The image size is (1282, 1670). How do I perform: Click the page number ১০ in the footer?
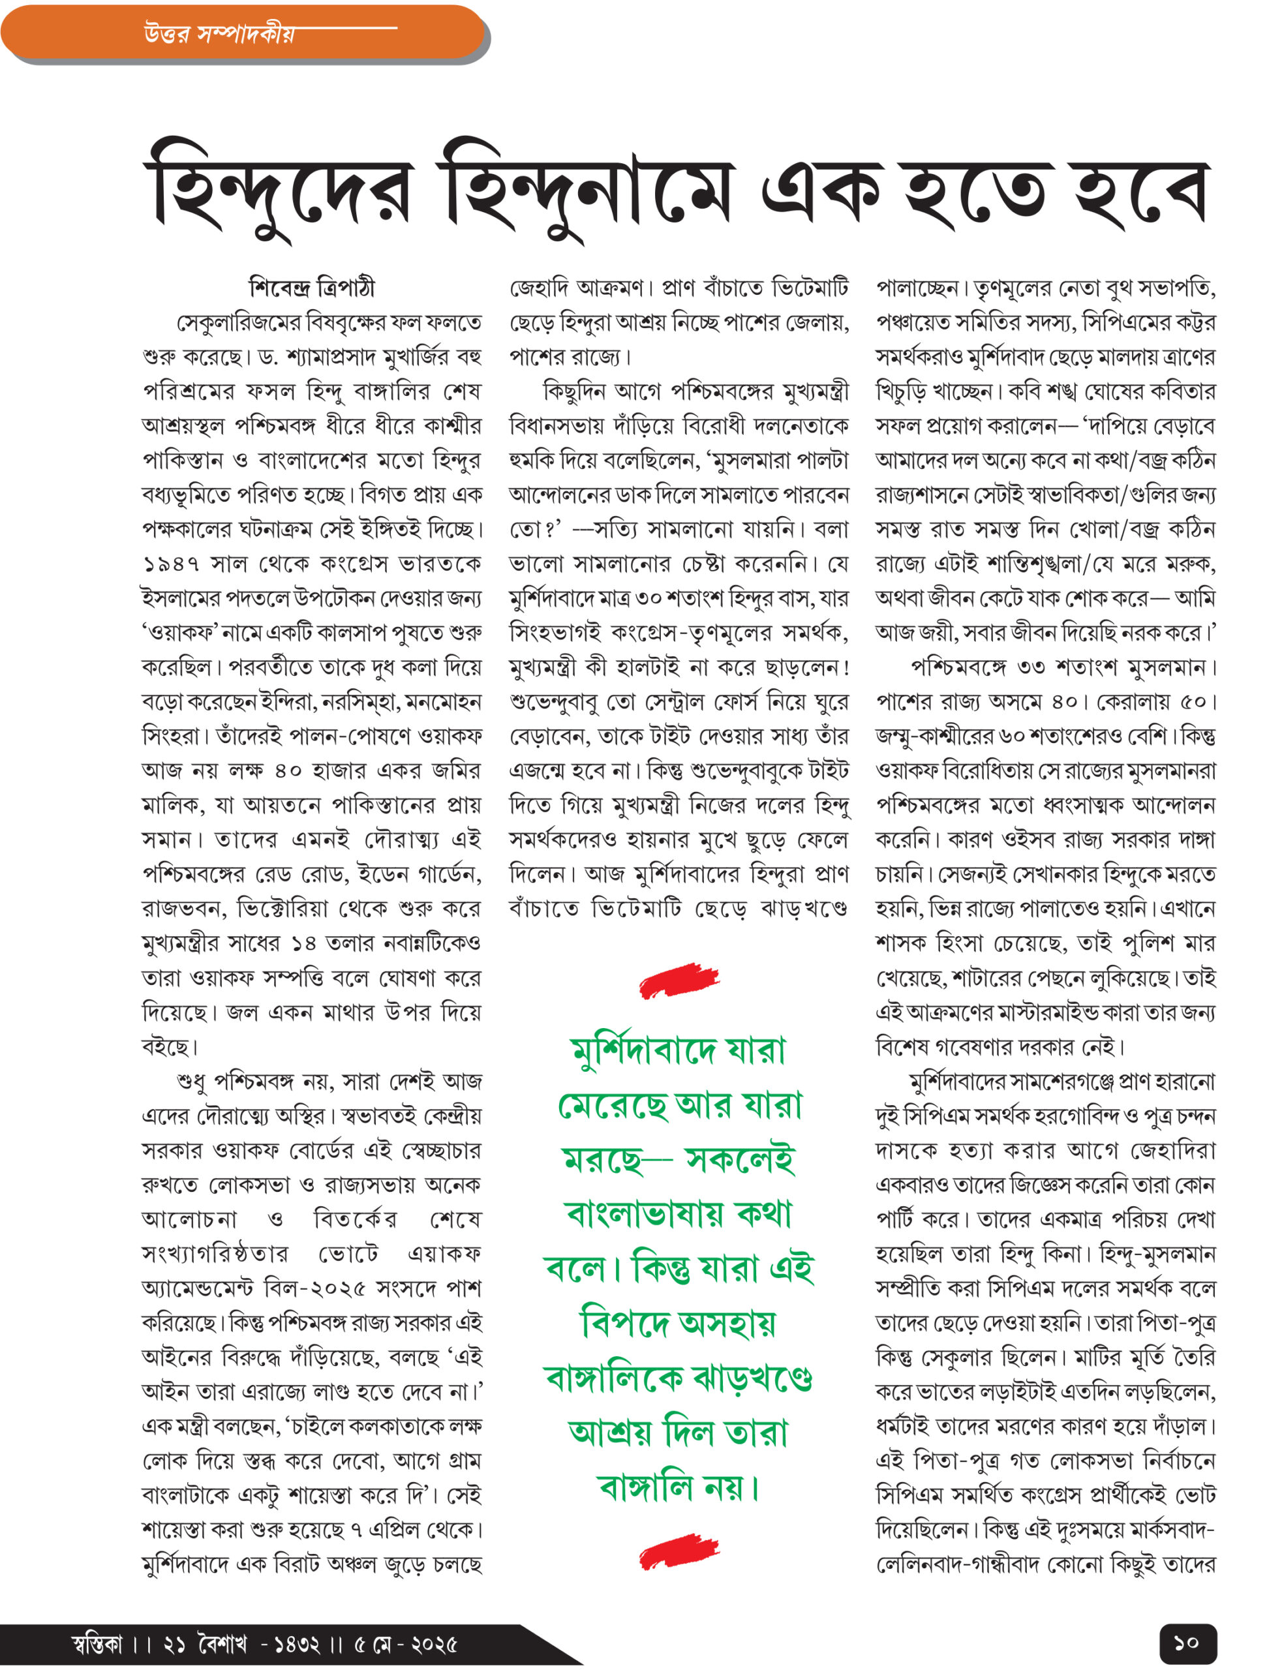[1187, 1642]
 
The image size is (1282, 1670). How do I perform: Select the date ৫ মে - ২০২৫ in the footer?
[405, 1643]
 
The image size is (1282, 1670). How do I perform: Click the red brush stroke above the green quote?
[679, 980]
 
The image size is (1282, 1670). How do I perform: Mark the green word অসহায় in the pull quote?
[725, 1324]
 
